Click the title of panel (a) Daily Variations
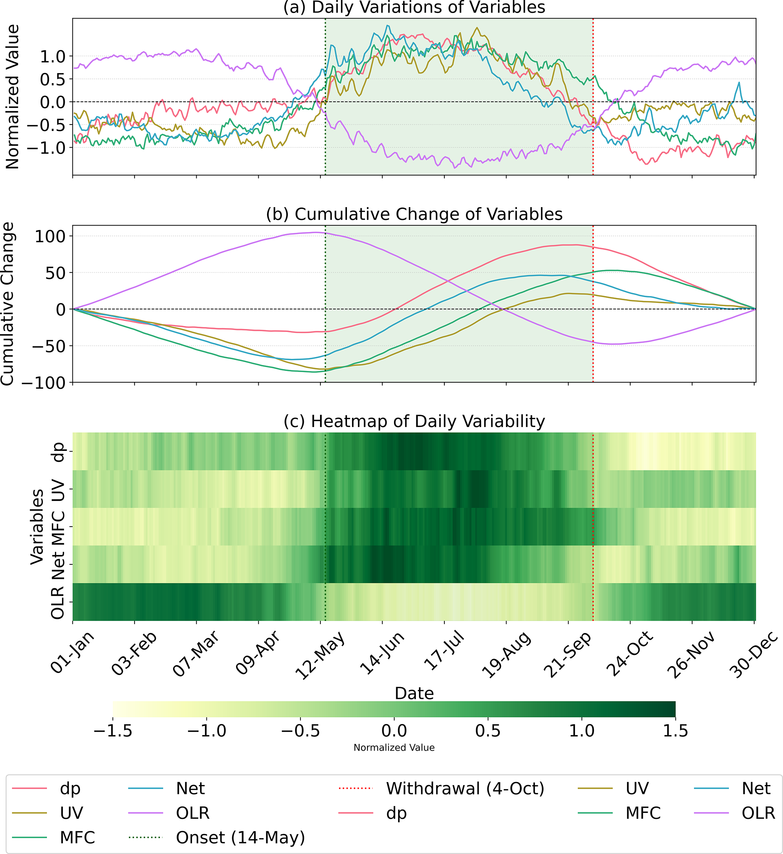coord(414,8)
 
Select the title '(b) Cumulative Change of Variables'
coord(414,214)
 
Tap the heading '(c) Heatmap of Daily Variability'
coord(414,421)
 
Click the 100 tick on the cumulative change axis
coord(50,236)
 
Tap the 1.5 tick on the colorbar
coord(675,731)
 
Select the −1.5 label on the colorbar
coord(113,731)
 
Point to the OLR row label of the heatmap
coord(58,602)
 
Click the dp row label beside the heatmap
coord(58,452)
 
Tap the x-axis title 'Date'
coord(414,693)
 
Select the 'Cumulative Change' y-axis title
coord(8,304)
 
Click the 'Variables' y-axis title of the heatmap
coord(37,527)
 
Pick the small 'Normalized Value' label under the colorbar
coord(394,748)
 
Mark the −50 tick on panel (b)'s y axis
coord(50,346)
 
